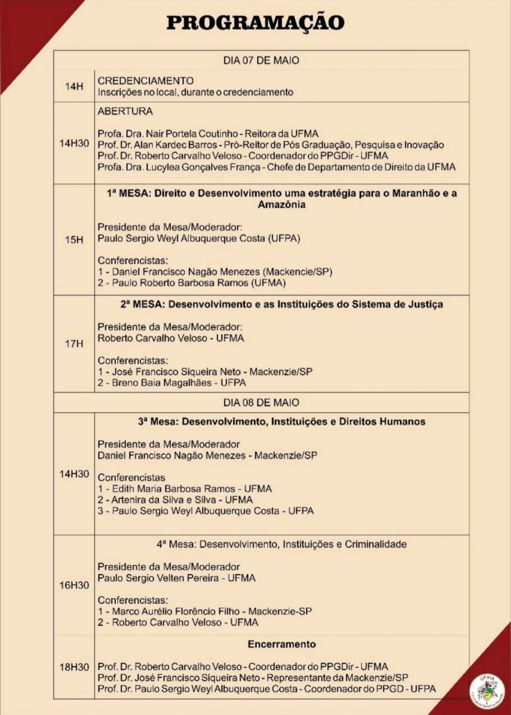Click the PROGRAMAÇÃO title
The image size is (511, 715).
click(255, 22)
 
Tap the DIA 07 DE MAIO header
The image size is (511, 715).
click(261, 60)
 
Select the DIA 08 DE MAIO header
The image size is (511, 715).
click(261, 402)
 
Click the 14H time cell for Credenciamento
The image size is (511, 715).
click(74, 86)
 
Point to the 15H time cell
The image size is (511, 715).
click(74, 239)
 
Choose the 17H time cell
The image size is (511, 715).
click(74, 343)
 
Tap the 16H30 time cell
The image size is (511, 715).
click(74, 585)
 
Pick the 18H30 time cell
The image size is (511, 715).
click(74, 667)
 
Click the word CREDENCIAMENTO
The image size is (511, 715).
click(145, 81)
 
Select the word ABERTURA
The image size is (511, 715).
click(125, 111)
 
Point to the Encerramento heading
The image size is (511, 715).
click(281, 644)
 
